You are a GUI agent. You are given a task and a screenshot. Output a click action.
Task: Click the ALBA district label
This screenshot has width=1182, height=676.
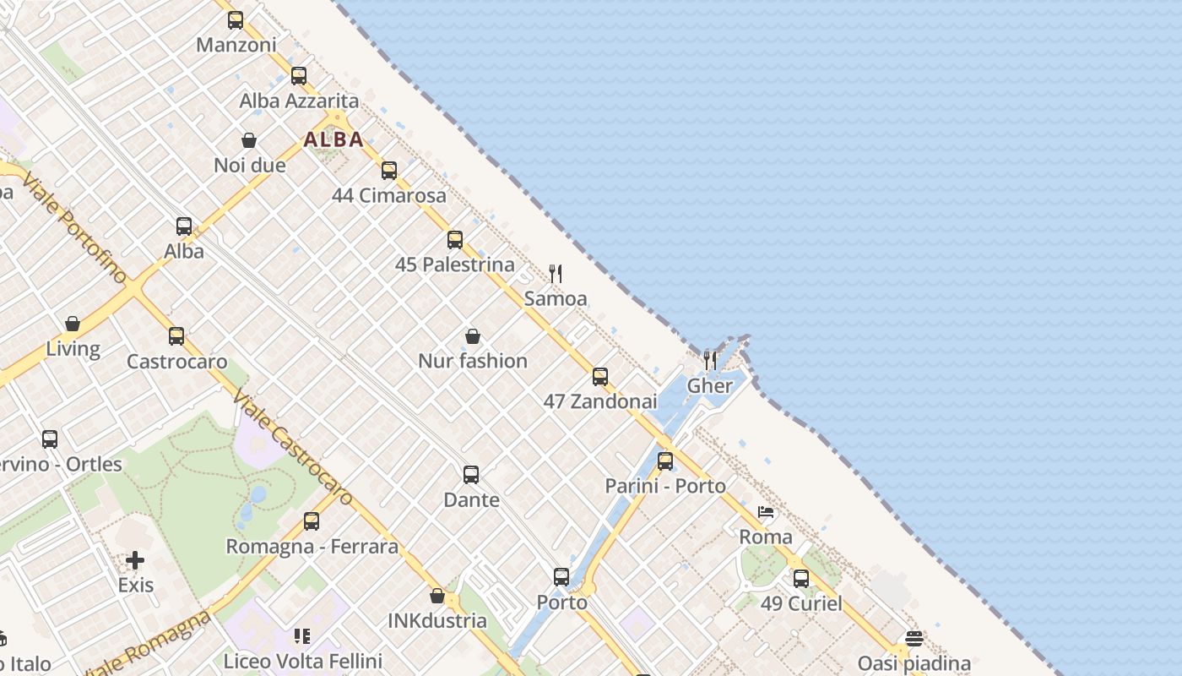tap(333, 139)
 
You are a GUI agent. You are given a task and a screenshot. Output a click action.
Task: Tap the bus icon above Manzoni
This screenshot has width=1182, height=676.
tap(236, 20)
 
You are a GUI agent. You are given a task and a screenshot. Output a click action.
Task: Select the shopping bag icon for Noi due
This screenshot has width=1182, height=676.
tap(249, 140)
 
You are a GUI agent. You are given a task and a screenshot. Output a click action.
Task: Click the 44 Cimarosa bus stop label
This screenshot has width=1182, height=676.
tap(389, 195)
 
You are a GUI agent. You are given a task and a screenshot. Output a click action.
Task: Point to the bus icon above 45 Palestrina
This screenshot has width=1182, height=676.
tap(455, 240)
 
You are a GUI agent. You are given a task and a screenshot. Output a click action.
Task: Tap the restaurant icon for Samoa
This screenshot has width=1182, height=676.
tap(556, 274)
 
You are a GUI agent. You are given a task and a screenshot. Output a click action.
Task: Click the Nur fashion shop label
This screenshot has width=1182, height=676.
tap(473, 361)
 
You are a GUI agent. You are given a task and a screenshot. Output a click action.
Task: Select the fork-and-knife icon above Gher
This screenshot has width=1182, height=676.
tap(710, 361)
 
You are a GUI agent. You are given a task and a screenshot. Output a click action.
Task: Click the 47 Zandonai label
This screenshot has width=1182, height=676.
tap(600, 401)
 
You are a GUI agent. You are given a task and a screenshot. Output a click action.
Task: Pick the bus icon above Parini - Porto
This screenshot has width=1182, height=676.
tap(665, 461)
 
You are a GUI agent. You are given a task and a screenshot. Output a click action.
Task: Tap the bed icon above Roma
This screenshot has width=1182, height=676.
tap(766, 512)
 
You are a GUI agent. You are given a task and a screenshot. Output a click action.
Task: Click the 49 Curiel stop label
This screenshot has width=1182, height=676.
tap(801, 603)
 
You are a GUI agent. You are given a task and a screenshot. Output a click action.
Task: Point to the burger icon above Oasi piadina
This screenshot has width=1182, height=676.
tap(914, 638)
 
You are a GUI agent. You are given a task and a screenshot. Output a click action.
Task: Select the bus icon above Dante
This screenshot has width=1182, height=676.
tap(471, 475)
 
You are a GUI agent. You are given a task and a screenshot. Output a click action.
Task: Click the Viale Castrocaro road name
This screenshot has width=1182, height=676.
tap(292, 448)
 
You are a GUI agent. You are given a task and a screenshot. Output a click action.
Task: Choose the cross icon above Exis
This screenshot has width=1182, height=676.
tap(135, 560)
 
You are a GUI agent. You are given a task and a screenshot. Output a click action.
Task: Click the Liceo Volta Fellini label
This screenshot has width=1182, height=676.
tap(302, 661)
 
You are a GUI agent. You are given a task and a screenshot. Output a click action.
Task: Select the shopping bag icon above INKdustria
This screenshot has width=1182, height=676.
tap(437, 596)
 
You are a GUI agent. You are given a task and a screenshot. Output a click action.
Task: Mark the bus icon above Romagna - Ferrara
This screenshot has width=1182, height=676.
tap(312, 521)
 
